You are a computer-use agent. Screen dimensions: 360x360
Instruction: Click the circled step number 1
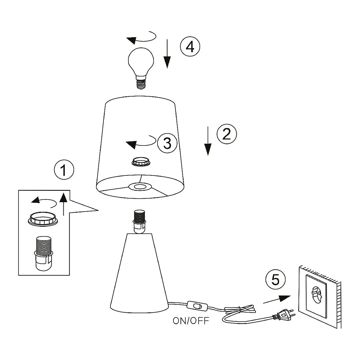64,170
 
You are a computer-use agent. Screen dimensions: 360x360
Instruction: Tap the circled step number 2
227,134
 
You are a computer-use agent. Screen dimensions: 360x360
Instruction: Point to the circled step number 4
190,47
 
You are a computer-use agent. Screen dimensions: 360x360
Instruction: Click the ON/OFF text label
191,321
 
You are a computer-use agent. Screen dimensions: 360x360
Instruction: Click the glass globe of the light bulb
141,60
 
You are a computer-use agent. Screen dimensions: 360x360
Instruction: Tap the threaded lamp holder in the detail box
44,252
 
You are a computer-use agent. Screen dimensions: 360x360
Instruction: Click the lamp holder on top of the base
139,222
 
